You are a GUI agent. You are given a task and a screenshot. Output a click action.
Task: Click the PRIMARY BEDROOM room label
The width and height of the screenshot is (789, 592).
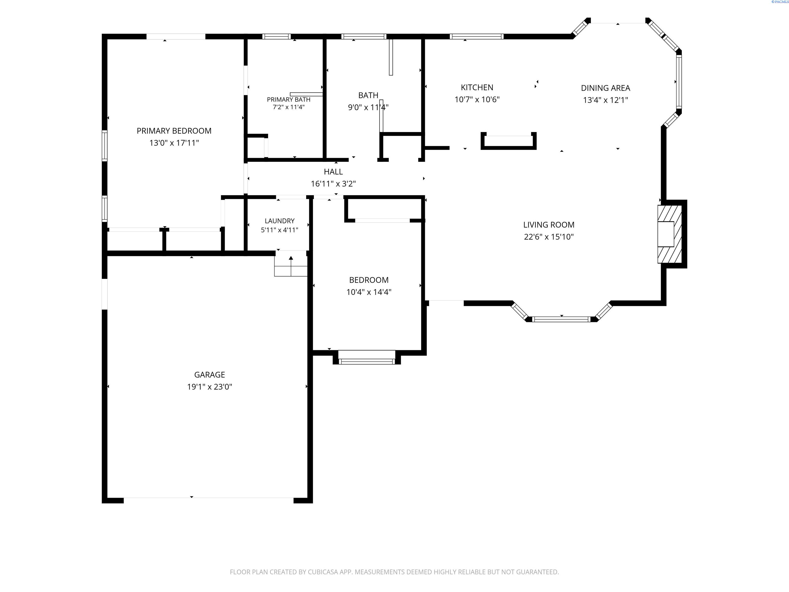pyautogui.click(x=174, y=131)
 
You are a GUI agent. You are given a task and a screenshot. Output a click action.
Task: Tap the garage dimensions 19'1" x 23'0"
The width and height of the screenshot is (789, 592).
pyautogui.click(x=210, y=387)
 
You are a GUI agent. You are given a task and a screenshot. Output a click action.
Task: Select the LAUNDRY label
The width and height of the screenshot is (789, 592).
pyautogui.click(x=280, y=221)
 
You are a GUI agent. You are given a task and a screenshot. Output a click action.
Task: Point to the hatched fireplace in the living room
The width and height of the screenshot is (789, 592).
pyautogui.click(x=670, y=234)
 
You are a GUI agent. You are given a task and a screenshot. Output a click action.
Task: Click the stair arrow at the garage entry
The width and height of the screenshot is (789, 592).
pyautogui.click(x=291, y=266)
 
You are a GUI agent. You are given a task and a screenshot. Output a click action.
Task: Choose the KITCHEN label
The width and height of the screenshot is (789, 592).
pyautogui.click(x=477, y=87)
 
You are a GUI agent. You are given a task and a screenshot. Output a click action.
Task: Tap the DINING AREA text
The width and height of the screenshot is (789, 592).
pyautogui.click(x=605, y=88)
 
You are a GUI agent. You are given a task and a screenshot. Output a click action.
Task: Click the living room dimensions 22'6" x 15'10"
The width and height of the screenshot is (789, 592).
pyautogui.click(x=549, y=237)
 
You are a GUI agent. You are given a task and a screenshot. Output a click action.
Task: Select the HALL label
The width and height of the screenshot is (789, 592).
pyautogui.click(x=333, y=172)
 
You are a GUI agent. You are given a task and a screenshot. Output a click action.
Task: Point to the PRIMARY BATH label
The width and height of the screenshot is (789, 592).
pyautogui.click(x=289, y=99)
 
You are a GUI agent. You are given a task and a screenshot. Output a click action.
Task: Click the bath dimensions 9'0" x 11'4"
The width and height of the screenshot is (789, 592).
pyautogui.click(x=368, y=107)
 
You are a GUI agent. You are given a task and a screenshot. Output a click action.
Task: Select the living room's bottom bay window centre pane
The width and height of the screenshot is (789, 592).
pyautogui.click(x=561, y=319)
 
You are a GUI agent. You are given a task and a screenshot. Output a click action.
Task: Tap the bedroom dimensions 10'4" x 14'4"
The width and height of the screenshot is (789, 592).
pyautogui.click(x=369, y=292)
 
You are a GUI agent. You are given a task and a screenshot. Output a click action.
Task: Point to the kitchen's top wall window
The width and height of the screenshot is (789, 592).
pyautogui.click(x=476, y=36)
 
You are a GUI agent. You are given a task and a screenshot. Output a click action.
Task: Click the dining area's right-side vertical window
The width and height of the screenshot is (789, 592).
pyautogui.click(x=679, y=82)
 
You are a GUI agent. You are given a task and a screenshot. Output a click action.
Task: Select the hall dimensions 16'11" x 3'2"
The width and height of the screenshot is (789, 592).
pyautogui.click(x=333, y=184)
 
